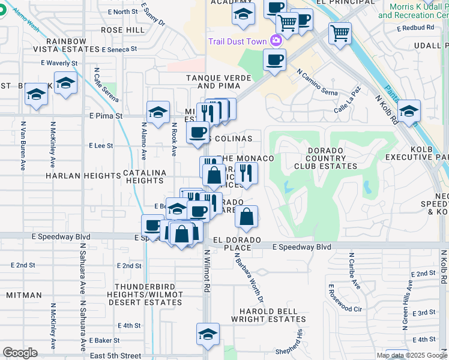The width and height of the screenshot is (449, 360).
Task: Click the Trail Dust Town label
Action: [x=238, y=41]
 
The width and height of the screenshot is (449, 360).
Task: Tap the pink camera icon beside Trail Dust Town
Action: [x=276, y=41]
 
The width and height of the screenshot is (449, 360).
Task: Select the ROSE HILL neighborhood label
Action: [x=122, y=29]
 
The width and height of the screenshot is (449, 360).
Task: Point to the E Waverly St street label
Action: [x=59, y=62]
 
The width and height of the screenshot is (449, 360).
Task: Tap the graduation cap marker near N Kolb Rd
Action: [x=409, y=111]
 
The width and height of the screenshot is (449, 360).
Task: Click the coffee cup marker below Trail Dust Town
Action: [x=274, y=60]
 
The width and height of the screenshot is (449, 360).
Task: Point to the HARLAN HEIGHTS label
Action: [x=83, y=176]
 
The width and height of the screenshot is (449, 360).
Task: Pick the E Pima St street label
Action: [x=106, y=115]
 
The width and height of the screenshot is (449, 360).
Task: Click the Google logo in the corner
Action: [x=20, y=353]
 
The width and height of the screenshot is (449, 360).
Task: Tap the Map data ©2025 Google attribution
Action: [x=412, y=355]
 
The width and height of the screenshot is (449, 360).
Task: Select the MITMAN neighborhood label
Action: [x=24, y=295]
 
